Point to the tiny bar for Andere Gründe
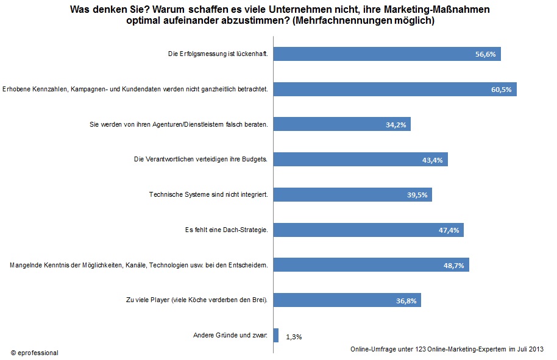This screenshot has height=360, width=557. (276, 335)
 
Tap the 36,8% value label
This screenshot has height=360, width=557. (407, 300)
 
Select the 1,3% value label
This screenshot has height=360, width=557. (294, 336)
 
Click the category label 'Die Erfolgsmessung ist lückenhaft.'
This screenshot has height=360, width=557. (218, 54)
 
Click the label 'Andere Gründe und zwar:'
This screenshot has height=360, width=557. (230, 335)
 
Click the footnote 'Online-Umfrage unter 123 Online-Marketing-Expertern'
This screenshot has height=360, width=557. (427, 348)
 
